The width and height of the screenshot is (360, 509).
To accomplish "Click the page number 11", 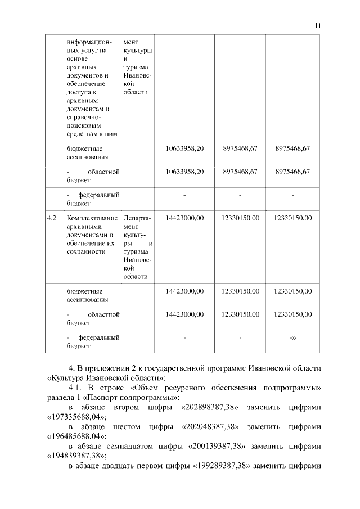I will point(318,25).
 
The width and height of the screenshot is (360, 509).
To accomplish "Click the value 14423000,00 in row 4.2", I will point(184,217).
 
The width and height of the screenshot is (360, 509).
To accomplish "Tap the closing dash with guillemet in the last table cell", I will point(292,337).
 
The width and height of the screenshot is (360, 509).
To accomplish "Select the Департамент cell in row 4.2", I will point(137,247).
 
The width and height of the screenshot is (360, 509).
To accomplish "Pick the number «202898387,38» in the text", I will point(207,406).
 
